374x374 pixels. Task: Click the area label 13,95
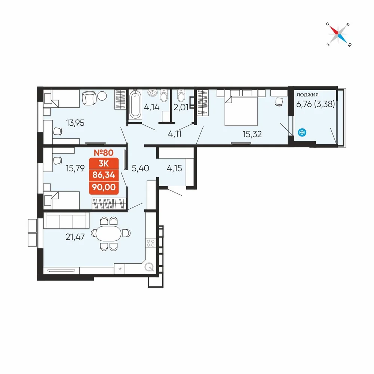[75, 123]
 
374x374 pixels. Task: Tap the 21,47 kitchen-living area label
[75, 237]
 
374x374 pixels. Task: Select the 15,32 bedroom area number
[252, 134]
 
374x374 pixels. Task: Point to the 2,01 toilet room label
[181, 107]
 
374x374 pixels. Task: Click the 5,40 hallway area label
[141, 168]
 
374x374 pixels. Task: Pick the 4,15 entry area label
[174, 168]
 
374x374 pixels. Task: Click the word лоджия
[307, 95]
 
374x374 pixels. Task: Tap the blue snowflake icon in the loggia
[302, 132]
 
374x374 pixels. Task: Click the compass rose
[339, 34]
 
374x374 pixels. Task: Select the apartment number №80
[104, 153]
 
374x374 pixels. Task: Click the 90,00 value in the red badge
[104, 187]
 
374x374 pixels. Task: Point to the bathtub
[135, 105]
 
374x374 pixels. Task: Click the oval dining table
[109, 233]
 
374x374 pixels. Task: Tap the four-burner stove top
[151, 243]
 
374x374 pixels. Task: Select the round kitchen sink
[149, 267]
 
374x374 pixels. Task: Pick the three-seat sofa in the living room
[66, 221]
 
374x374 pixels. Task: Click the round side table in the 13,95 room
[102, 96]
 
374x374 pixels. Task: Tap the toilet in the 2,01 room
[181, 96]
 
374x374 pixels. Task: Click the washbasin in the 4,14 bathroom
[153, 93]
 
